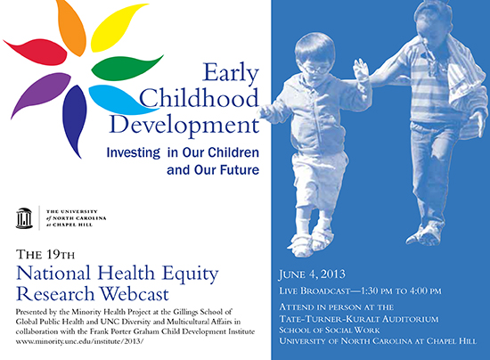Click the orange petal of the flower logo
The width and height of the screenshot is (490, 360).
point(71,27)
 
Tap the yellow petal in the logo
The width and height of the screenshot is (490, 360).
point(118,28)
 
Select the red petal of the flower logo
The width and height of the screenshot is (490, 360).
point(37,52)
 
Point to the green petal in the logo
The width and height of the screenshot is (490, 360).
point(125,67)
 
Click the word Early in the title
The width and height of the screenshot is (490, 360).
point(231,74)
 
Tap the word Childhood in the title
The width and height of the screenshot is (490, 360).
point(199,98)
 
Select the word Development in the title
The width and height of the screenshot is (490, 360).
point(184,125)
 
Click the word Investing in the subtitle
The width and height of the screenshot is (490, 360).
point(134,152)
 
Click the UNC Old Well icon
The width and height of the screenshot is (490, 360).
point(24,218)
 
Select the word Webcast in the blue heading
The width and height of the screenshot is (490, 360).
point(135,294)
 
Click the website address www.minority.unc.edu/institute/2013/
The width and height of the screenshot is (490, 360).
point(79,341)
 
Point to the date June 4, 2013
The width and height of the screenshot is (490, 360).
point(312,274)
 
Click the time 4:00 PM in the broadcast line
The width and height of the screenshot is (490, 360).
point(425,290)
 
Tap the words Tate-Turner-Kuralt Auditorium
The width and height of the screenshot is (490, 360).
point(359,319)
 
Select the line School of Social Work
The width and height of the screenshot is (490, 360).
point(330,330)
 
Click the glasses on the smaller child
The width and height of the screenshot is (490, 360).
point(315,69)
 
